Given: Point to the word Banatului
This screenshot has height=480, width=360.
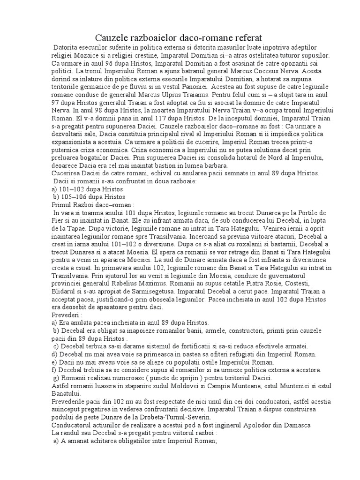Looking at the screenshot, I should [x=67, y=394].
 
